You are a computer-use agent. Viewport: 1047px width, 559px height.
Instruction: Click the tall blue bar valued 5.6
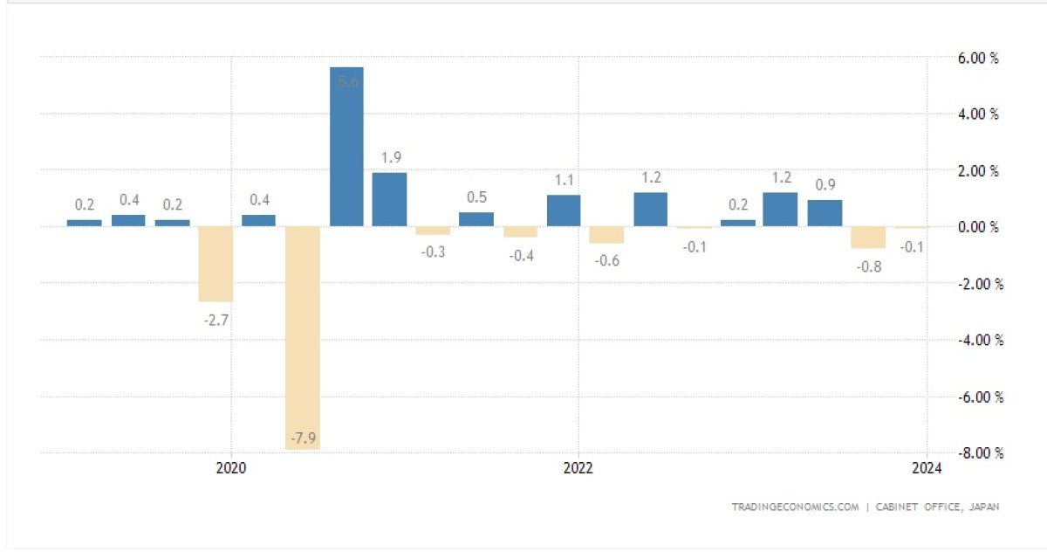coord(346,147)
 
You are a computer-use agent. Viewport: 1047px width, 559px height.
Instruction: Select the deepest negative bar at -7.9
coord(303,338)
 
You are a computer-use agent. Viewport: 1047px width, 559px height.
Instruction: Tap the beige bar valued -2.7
coord(216,264)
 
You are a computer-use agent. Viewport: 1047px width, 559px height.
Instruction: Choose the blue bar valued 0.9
coord(825,213)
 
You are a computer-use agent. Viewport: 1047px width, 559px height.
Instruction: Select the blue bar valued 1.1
coord(564,210)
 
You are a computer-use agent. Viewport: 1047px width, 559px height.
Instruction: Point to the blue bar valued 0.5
coord(476,219)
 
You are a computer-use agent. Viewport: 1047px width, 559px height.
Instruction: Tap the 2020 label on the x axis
coord(231,468)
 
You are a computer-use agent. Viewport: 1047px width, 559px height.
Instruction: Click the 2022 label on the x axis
coord(578,468)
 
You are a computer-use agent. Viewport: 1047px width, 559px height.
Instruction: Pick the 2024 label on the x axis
coord(927,468)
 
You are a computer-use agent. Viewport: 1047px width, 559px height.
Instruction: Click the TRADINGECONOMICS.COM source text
coord(795,507)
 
